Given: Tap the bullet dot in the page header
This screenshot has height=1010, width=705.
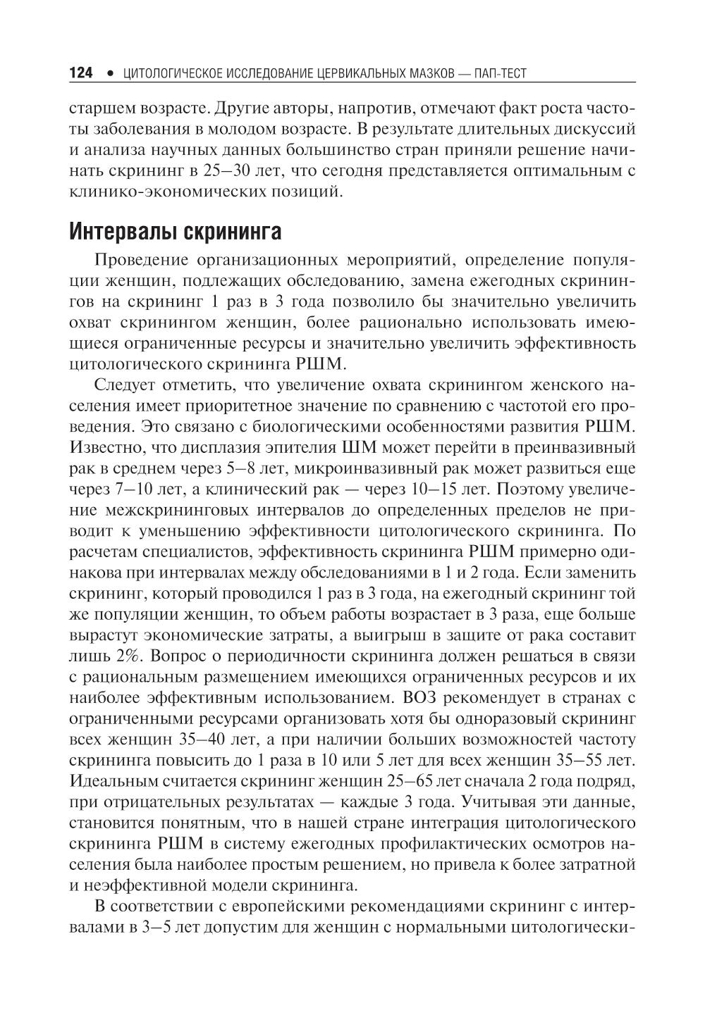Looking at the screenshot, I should [x=110, y=73].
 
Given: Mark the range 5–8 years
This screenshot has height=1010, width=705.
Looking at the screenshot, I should [x=250, y=468].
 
